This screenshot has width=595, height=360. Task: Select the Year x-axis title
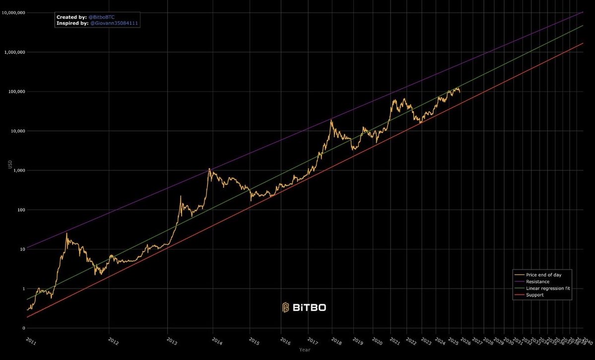tap(305, 350)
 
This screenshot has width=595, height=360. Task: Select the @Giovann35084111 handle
tap(114, 23)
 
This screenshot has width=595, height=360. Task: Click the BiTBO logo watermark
tap(304, 307)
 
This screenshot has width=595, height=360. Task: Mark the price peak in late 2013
tap(209, 169)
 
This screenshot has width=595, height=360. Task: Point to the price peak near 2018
tap(331, 120)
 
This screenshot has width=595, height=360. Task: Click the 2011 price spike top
tap(66, 233)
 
